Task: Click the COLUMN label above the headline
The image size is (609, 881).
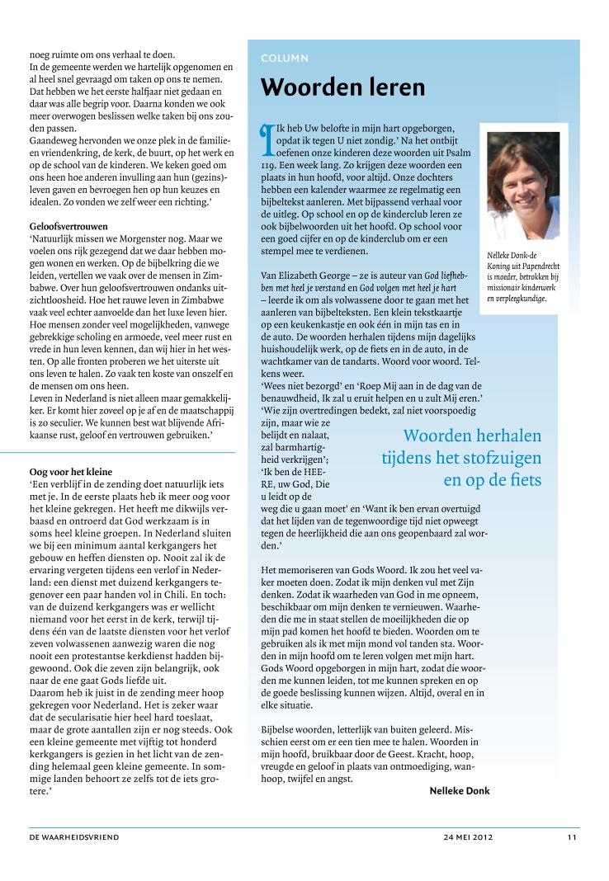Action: pos(285,59)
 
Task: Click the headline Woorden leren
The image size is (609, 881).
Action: pos(342,87)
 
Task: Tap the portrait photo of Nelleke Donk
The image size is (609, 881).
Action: pos(523,186)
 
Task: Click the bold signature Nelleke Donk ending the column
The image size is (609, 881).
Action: pos(460,790)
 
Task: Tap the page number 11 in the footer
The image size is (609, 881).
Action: pos(571,837)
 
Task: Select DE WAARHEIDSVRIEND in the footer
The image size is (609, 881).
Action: pos(74,837)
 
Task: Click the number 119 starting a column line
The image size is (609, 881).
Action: pos(269,165)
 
